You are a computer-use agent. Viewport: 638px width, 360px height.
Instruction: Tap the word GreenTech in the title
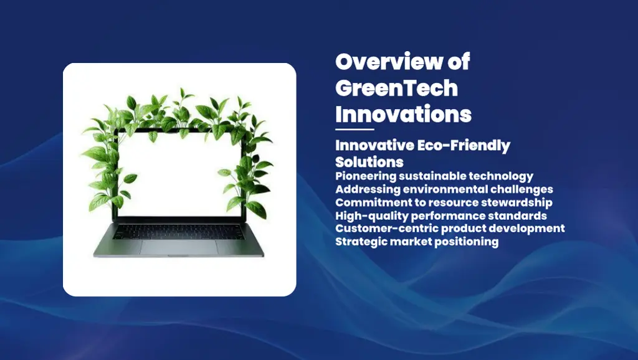396,88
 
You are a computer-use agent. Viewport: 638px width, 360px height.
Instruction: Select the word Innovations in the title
403,115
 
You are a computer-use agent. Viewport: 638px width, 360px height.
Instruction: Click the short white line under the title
355,130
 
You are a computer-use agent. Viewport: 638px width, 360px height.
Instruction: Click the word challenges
521,189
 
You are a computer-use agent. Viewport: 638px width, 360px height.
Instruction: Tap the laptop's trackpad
179,247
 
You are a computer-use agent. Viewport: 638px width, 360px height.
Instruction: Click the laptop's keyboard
179,231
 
